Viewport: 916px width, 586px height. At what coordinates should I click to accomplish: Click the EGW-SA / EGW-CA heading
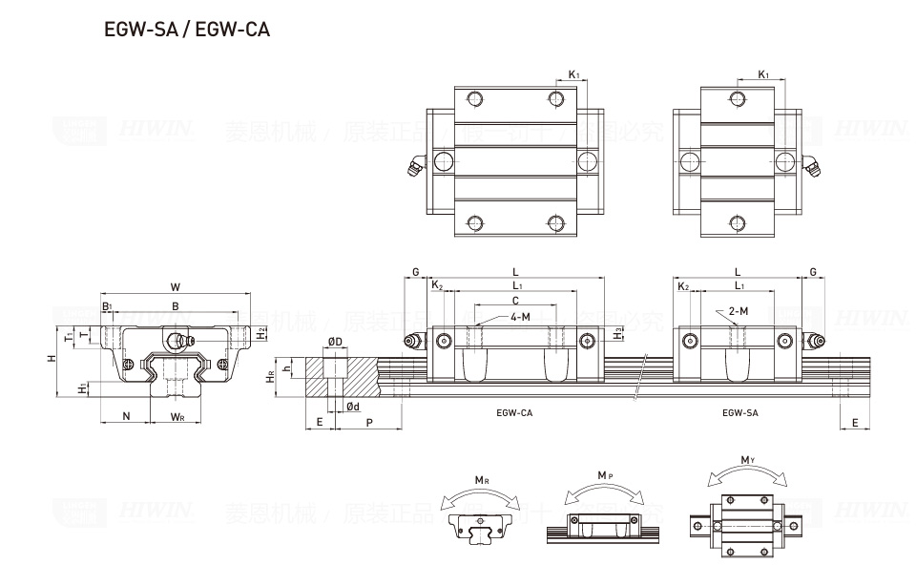point(186,30)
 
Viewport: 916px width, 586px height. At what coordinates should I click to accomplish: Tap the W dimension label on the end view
point(175,286)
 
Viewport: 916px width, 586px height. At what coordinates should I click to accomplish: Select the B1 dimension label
point(107,306)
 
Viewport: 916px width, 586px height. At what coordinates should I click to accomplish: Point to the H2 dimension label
point(261,332)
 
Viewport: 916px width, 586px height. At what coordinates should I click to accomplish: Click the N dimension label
point(126,416)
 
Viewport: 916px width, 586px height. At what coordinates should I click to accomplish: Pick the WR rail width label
point(177,416)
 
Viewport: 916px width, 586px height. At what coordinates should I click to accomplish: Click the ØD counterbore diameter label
point(335,341)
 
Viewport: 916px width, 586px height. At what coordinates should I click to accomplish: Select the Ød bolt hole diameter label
point(352,407)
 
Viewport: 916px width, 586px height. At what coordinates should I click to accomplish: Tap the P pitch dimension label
point(369,422)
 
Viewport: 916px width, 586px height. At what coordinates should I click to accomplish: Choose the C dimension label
point(515,301)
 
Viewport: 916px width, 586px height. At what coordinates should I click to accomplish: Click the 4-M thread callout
point(520,316)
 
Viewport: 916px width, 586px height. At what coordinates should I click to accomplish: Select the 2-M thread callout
point(738,311)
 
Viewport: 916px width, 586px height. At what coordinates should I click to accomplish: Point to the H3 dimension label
point(619,332)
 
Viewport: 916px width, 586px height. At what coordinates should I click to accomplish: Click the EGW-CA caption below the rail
point(514,413)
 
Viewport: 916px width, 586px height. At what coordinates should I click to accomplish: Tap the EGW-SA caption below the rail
point(740,413)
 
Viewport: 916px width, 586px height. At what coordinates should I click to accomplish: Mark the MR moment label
point(482,480)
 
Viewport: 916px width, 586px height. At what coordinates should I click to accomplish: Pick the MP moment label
point(604,475)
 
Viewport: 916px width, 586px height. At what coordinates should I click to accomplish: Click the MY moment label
point(749,461)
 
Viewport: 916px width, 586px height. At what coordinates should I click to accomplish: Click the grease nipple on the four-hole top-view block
point(414,167)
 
